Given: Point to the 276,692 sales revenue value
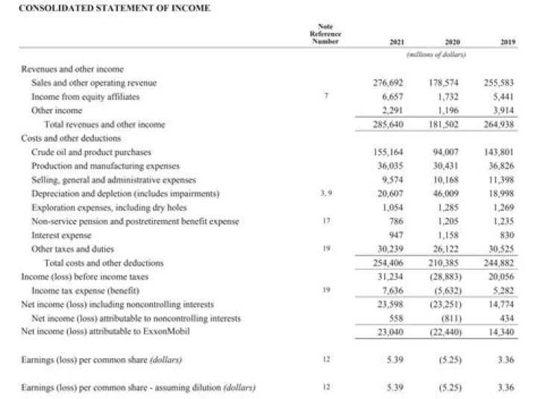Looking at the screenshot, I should [388, 83].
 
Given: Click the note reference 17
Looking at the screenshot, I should [325, 221].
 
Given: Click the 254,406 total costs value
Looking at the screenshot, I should [388, 263].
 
